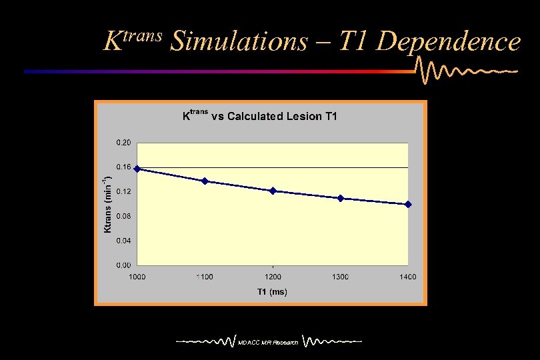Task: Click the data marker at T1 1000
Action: point(137,169)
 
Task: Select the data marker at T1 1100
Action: point(205,181)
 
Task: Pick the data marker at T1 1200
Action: point(273,191)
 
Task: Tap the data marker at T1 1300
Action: point(341,198)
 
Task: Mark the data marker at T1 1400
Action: point(408,204)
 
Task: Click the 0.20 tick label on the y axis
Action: point(123,143)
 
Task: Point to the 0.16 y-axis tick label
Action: point(123,167)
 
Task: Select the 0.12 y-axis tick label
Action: point(123,191)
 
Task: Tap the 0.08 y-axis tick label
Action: point(123,216)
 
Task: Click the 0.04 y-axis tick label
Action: point(123,241)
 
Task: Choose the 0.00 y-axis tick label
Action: point(123,265)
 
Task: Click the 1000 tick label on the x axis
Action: point(137,277)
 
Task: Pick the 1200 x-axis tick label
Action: point(273,277)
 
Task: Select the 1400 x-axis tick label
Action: point(408,277)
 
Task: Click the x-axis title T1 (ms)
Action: point(272,292)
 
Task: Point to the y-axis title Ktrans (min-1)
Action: point(107,203)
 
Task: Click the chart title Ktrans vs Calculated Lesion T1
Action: point(260,116)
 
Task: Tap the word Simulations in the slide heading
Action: point(239,41)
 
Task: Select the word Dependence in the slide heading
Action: point(447,41)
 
